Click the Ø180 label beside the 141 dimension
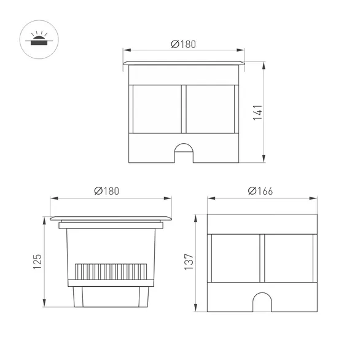[184, 44]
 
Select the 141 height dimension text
[258, 112]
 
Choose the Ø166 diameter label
[261, 191]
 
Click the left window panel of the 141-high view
[157, 109]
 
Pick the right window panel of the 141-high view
[210, 109]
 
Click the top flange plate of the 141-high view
[184, 63]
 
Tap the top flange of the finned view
[109, 217]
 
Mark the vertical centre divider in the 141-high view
[184, 109]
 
